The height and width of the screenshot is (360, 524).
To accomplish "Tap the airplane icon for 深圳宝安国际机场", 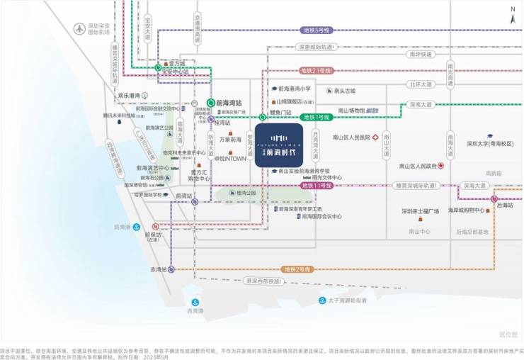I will pyautogui.click(x=79, y=29).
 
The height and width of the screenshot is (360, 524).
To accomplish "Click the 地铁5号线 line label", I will pyautogui.click(x=317, y=30).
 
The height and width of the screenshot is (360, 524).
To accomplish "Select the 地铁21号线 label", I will pyautogui.click(x=317, y=71).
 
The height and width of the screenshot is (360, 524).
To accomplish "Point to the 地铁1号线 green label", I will pyautogui.click(x=317, y=117).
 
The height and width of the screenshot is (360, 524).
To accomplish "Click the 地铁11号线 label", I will pyautogui.click(x=317, y=186).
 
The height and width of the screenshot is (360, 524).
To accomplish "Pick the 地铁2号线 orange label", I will pyautogui.click(x=297, y=269).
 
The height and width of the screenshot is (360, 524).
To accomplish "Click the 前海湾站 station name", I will pyautogui.click(x=229, y=102).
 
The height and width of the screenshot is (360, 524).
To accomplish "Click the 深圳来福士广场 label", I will pyautogui.click(x=421, y=211).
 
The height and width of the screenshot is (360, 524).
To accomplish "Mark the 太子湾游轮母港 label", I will pyautogui.click(x=348, y=300).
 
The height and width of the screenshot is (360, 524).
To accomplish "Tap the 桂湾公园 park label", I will pyautogui.click(x=246, y=193).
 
